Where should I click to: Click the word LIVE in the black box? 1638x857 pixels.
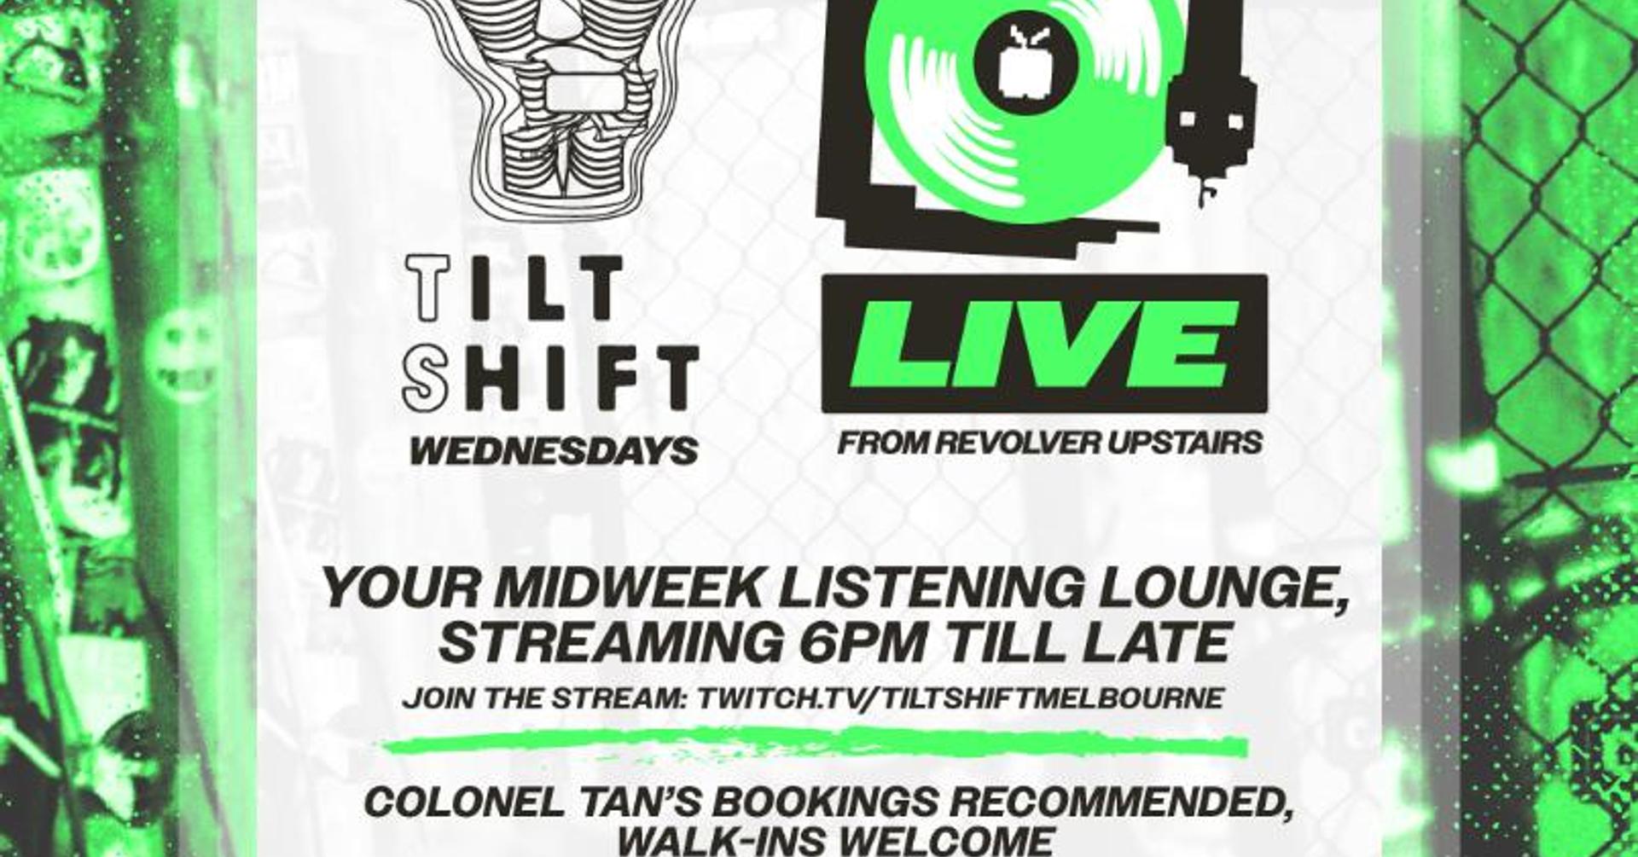1045,344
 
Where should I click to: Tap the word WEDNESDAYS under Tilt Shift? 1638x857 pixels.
554,451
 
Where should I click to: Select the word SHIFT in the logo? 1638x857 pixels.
551,378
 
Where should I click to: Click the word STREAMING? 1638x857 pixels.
609,642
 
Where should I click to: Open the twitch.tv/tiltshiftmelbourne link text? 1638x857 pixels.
961,698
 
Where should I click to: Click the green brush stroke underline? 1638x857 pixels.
815,745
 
